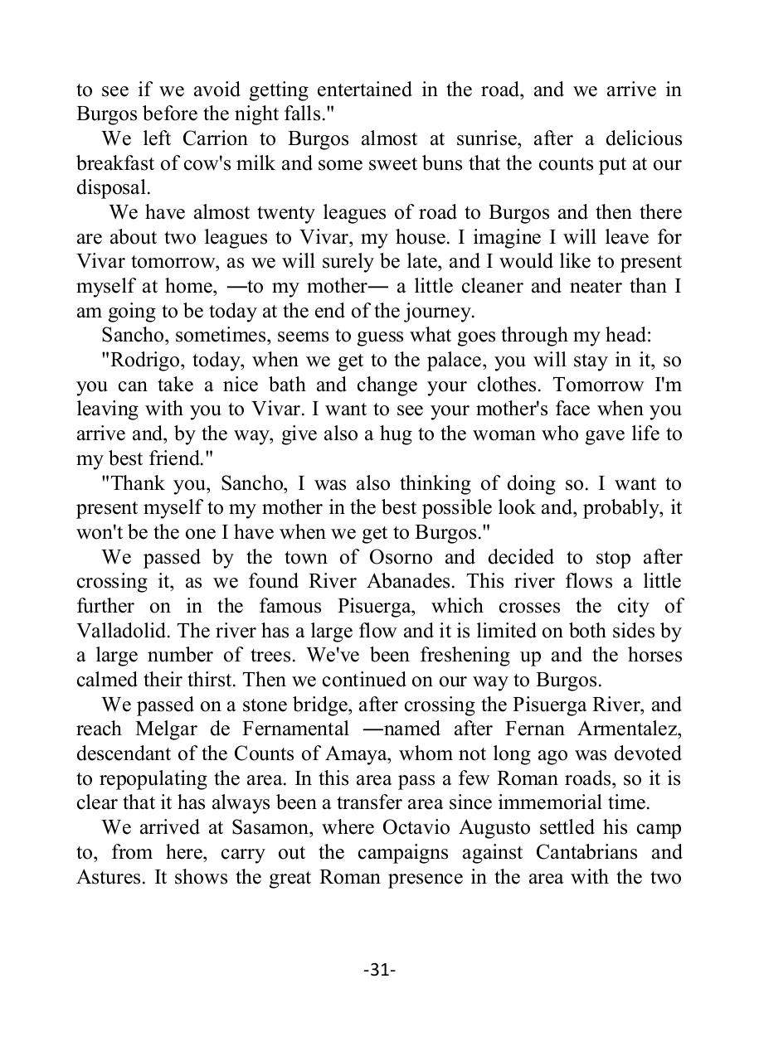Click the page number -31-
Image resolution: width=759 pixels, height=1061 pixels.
click(x=379, y=970)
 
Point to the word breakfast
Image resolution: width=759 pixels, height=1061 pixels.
click(x=118, y=163)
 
